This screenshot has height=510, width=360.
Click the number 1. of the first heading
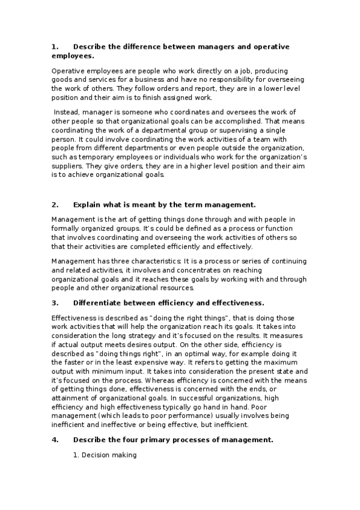point(55,46)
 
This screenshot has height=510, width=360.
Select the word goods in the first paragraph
point(61,79)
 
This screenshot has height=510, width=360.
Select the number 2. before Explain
point(55,204)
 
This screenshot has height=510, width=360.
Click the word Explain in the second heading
point(87,204)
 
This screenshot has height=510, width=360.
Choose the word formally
point(65,228)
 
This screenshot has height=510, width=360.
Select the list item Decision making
point(109,456)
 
